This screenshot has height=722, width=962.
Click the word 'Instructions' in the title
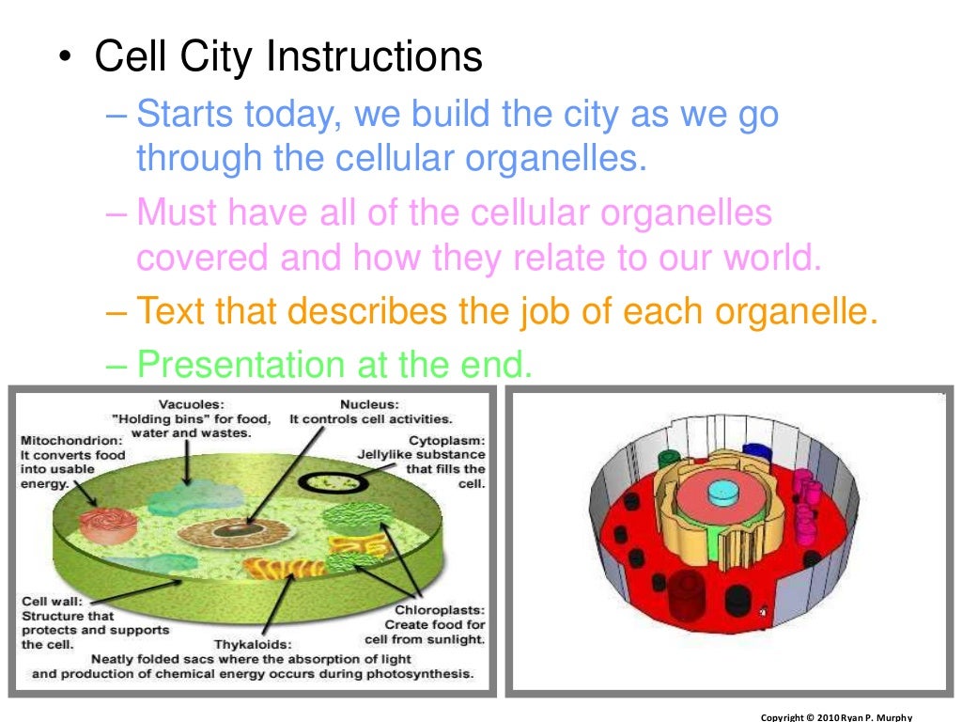tap(375, 57)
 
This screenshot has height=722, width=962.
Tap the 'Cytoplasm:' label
tap(446, 439)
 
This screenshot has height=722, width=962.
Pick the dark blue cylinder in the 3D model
tap(756, 454)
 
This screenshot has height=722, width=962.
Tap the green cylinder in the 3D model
tap(669, 459)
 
